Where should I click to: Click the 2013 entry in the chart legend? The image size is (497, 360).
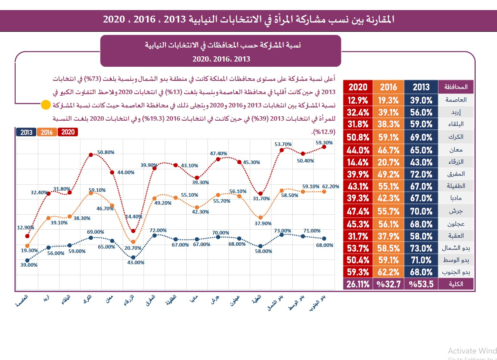point(26,132)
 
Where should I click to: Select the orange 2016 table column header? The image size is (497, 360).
point(388,87)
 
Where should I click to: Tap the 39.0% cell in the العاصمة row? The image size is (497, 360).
point(421,100)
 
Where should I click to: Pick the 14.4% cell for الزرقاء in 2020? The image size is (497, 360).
point(357,162)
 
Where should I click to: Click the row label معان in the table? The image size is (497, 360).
point(456,150)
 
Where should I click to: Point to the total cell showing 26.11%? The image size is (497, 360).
point(357,284)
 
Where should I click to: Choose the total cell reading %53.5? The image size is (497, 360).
point(421,284)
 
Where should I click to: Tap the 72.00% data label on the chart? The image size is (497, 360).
point(158,230)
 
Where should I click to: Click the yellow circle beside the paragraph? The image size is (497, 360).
point(46,105)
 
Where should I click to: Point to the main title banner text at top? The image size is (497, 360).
point(249,19)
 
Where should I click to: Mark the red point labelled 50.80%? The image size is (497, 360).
point(91,155)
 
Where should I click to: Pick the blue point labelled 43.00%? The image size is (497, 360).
point(133,257)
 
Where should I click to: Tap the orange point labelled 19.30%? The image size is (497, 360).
point(27,246)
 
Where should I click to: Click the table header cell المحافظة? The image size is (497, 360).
point(456,87)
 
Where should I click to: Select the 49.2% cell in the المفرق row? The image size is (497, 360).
point(388,174)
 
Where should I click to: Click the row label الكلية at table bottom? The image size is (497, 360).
point(456,284)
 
